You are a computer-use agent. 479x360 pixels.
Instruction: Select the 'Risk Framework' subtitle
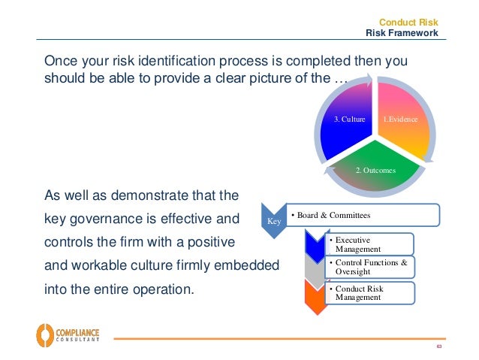point(402,33)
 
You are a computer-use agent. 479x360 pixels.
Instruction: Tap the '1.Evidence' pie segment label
point(401,119)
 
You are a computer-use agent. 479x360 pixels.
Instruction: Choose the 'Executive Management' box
point(369,244)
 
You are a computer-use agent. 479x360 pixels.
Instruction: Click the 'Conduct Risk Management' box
point(369,292)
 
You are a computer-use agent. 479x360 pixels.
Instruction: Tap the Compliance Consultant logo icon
point(46,333)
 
